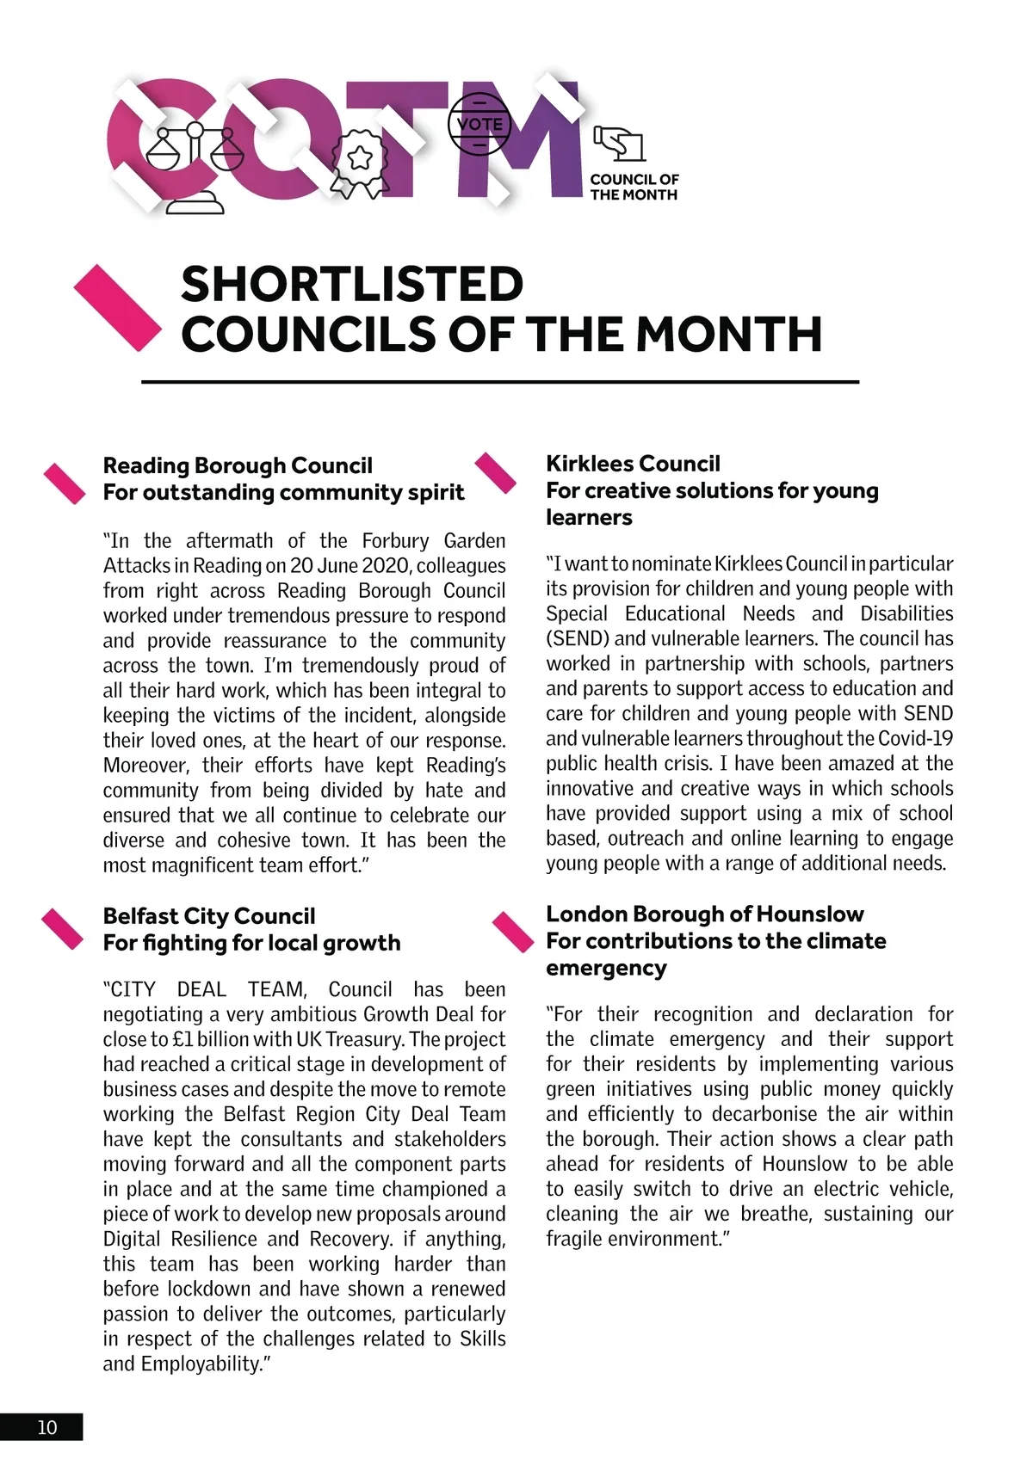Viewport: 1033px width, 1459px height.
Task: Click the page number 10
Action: point(46,1427)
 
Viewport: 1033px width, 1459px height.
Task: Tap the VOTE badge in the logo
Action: point(479,124)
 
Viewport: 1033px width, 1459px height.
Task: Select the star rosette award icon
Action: point(359,160)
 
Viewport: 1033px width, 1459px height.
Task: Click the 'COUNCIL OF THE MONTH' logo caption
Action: point(634,187)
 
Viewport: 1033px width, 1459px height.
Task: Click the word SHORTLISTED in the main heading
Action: point(352,284)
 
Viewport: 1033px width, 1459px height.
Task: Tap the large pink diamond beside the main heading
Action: point(117,308)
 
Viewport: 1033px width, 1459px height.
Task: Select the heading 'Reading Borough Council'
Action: point(238,465)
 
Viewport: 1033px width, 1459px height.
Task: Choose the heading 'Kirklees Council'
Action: point(633,464)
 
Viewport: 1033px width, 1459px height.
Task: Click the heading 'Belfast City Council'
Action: point(209,915)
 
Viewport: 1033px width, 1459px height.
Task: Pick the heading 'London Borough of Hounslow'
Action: point(705,914)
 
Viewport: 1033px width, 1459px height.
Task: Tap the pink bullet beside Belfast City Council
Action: point(63,929)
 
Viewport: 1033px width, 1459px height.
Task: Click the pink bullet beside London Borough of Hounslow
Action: point(513,932)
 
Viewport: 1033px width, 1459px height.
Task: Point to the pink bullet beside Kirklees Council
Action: point(496,472)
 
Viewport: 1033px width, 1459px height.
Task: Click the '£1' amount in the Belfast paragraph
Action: point(182,1039)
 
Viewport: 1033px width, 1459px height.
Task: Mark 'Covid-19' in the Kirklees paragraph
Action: point(916,738)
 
